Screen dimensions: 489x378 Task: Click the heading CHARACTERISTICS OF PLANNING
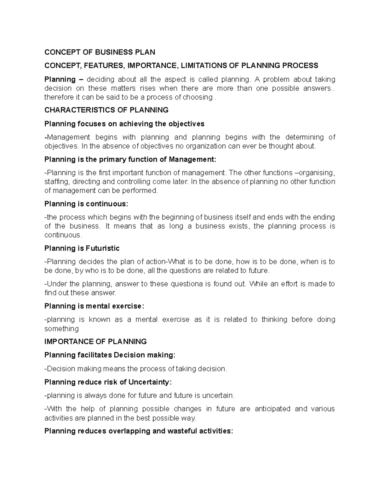(x=106, y=110)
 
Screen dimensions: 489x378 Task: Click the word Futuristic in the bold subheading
(x=103, y=248)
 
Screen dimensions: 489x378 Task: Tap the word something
(x=61, y=329)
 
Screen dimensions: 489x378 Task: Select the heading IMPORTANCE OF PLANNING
(x=95, y=342)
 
